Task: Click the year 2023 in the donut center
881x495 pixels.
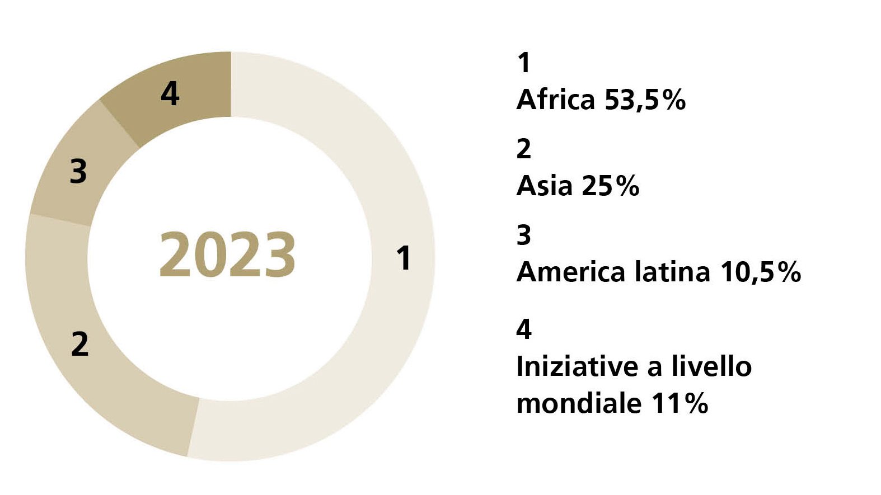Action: pyautogui.click(x=227, y=255)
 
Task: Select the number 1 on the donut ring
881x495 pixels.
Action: pyautogui.click(x=404, y=258)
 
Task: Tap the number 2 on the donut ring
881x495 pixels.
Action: pyautogui.click(x=80, y=343)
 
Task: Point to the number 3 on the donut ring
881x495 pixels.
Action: pyautogui.click(x=78, y=171)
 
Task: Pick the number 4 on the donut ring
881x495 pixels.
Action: pyautogui.click(x=170, y=93)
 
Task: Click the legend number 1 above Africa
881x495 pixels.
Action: pyautogui.click(x=524, y=63)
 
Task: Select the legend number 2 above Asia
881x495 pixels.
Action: pyautogui.click(x=524, y=149)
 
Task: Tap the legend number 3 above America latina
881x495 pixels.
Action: pyautogui.click(x=524, y=235)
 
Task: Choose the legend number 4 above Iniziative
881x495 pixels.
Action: pyautogui.click(x=524, y=329)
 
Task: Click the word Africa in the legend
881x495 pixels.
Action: pyautogui.click(x=555, y=100)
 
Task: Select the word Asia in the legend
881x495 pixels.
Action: pyautogui.click(x=545, y=186)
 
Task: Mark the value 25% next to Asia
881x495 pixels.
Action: pyautogui.click(x=610, y=186)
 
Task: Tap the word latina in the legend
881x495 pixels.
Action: pyautogui.click(x=672, y=272)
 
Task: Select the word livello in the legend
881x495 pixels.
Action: pyautogui.click(x=711, y=367)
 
